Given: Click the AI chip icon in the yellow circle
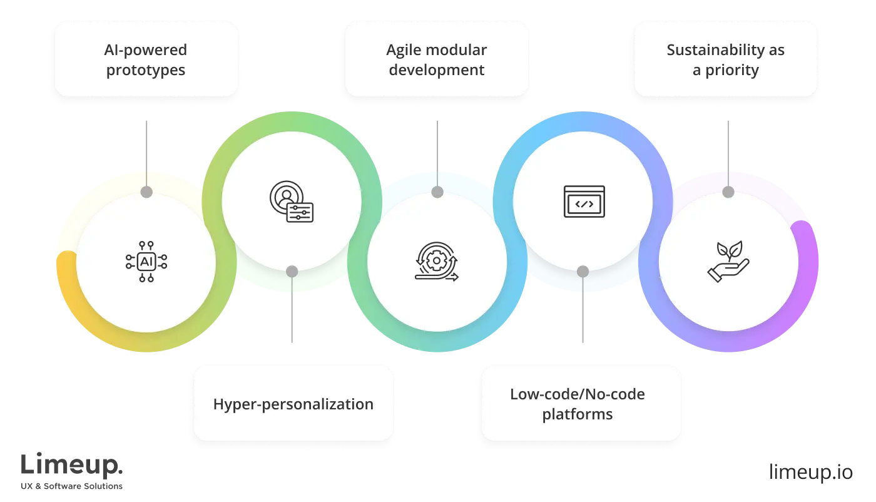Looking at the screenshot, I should click(146, 262).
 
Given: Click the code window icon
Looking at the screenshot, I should click(584, 202).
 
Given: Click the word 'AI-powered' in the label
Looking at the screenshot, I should click(146, 50).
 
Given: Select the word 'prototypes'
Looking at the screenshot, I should click(146, 70).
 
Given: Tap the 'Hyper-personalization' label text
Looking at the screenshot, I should click(293, 404).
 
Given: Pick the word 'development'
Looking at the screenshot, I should click(437, 70).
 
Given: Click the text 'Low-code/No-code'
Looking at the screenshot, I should click(577, 394).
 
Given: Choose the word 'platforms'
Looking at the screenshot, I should click(577, 414).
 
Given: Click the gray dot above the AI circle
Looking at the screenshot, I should click(146, 192).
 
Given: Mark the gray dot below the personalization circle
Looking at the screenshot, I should click(292, 272).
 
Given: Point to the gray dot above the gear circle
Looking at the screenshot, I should click(437, 192).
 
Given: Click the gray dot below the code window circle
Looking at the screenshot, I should click(583, 272).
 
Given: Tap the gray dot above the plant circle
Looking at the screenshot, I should click(728, 192).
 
